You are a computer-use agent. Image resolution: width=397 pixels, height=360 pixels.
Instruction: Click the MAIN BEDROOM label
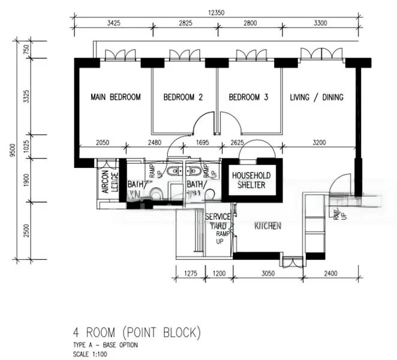coord(116,97)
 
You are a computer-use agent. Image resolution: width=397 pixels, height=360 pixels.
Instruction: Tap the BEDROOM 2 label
coord(183,97)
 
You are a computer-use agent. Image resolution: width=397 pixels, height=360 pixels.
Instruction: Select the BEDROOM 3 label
coord(248,97)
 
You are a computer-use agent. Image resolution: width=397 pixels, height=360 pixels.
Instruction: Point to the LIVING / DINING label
coord(317,97)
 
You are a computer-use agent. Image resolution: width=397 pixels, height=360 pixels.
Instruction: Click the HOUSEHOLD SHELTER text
coord(251,180)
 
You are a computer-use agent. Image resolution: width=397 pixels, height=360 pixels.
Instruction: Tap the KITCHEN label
coord(268,226)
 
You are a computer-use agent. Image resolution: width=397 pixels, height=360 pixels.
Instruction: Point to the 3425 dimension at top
coord(116,24)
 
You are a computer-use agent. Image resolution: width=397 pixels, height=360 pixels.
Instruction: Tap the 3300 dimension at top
coord(317,24)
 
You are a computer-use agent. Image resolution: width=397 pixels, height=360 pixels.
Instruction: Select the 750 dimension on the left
coord(26,49)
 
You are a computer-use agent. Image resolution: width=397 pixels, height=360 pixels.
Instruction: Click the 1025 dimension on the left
coord(26,146)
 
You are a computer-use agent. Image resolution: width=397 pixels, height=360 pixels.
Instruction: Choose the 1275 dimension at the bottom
coord(190,274)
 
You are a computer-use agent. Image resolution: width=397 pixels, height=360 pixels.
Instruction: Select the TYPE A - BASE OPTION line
coord(104,346)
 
